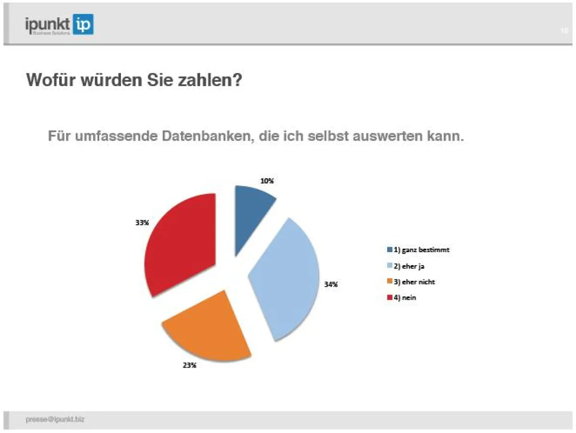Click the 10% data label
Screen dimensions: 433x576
click(267, 181)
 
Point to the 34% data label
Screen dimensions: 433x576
click(331, 284)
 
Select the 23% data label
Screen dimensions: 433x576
click(189, 365)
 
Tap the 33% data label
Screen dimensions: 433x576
click(142, 223)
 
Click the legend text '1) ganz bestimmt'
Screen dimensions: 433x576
click(422, 250)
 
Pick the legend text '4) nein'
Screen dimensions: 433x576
click(405, 298)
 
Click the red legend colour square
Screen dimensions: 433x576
click(390, 298)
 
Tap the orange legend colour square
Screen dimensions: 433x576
click(390, 282)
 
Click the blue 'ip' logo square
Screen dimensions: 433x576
click(83, 24)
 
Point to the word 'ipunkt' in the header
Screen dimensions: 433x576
click(48, 24)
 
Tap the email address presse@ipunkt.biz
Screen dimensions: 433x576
click(55, 420)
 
